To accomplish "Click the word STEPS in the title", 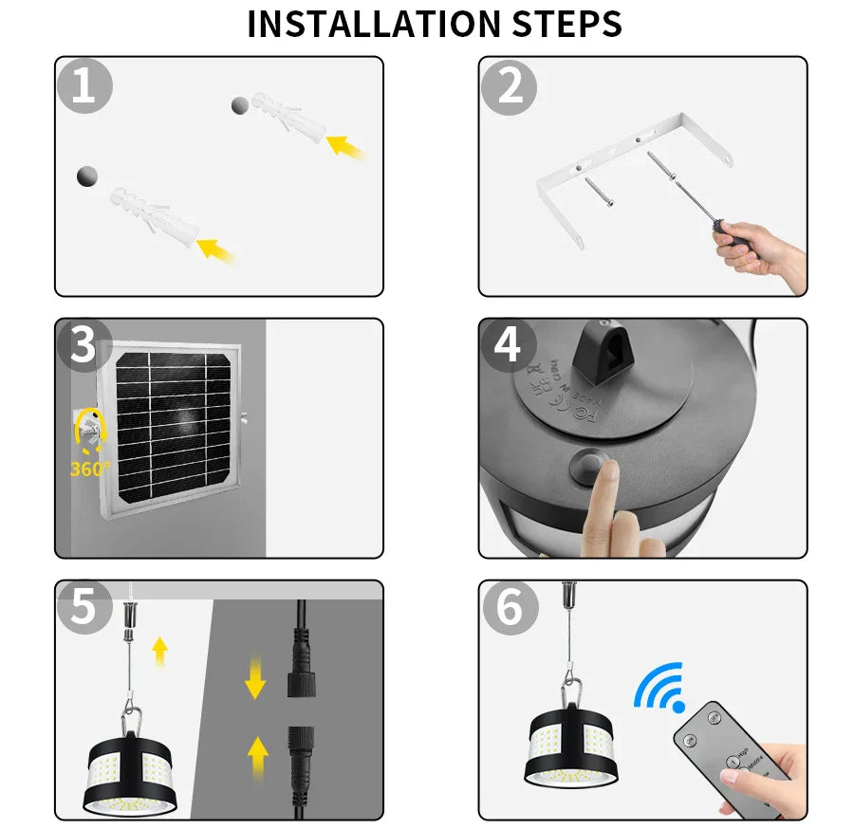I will (x=568, y=24).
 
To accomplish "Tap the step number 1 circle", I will (x=84, y=86).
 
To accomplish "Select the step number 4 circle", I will (x=508, y=346).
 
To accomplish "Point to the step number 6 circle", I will (x=510, y=607).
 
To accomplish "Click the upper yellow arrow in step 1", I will (x=345, y=146).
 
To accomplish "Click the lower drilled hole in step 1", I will (x=87, y=175).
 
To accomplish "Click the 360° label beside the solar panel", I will (x=90, y=469).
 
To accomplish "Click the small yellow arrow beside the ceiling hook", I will (x=159, y=652).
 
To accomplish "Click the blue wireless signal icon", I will (x=660, y=687).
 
